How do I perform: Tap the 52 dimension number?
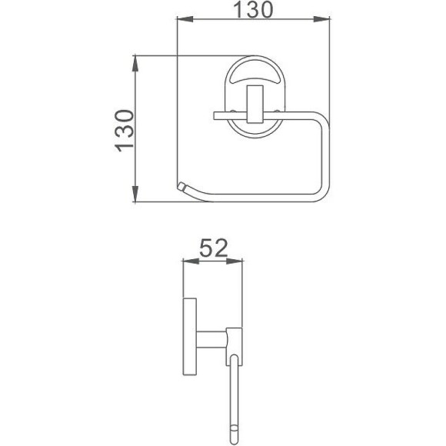pos(213,248)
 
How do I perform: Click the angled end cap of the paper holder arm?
pos(182,187)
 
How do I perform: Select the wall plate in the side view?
pos(189,338)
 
